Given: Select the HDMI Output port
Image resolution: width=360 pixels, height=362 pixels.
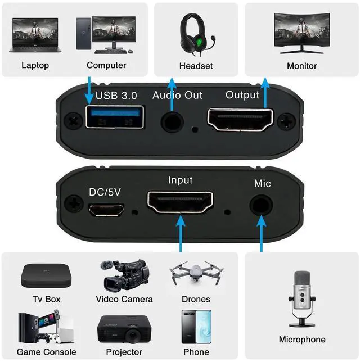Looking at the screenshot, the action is coord(240,117).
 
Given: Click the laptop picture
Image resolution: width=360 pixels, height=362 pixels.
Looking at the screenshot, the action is coord(35,35).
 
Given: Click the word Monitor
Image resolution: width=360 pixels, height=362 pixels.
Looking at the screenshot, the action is coord(301,66).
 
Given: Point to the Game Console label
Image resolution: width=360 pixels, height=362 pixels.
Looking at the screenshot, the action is coord(46,352).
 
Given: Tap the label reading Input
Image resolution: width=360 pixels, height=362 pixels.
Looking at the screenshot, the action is coord(180,180).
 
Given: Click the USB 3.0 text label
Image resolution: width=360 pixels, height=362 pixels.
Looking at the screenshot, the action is coord(117,95).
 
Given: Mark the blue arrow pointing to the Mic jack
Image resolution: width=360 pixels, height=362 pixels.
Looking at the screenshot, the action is coord(261,233).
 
